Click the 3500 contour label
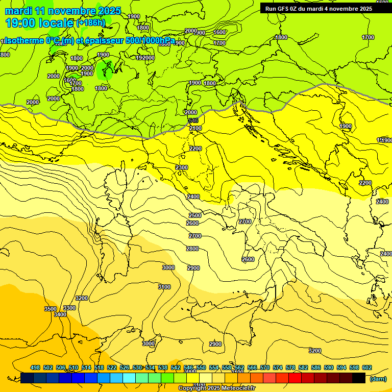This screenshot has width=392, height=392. click(50, 309)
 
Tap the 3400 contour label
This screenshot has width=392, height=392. click(60, 314)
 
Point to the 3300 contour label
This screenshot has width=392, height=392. click(69, 308)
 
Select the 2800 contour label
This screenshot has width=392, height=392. click(192, 249)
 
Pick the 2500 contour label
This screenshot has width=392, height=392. click(194, 215)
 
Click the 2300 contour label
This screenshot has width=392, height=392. click(181, 167)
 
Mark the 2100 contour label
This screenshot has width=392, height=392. click(195, 128)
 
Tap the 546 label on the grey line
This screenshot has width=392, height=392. click(193, 120)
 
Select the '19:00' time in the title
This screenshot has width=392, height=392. click(21, 23)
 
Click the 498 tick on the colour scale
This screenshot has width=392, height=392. click(35, 367)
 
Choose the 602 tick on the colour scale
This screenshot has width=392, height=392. click(366, 367)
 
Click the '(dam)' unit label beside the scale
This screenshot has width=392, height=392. click(377, 378)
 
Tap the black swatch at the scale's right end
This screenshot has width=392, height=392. click(359, 378)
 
